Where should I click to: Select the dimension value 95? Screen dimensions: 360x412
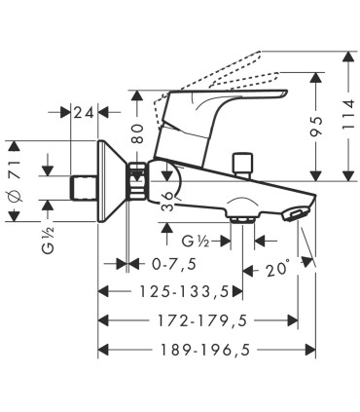coord(317,126)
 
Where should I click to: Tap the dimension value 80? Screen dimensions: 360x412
coord(137,133)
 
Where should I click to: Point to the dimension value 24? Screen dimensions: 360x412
coord(84,113)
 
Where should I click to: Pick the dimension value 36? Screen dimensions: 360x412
coord(168,202)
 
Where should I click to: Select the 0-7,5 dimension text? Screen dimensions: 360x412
coord(174,264)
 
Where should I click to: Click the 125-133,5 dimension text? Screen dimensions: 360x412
coord(184,291)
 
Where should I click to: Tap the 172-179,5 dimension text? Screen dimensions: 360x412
coord(202,320)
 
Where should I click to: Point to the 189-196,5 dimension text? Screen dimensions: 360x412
coord(206,350)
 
